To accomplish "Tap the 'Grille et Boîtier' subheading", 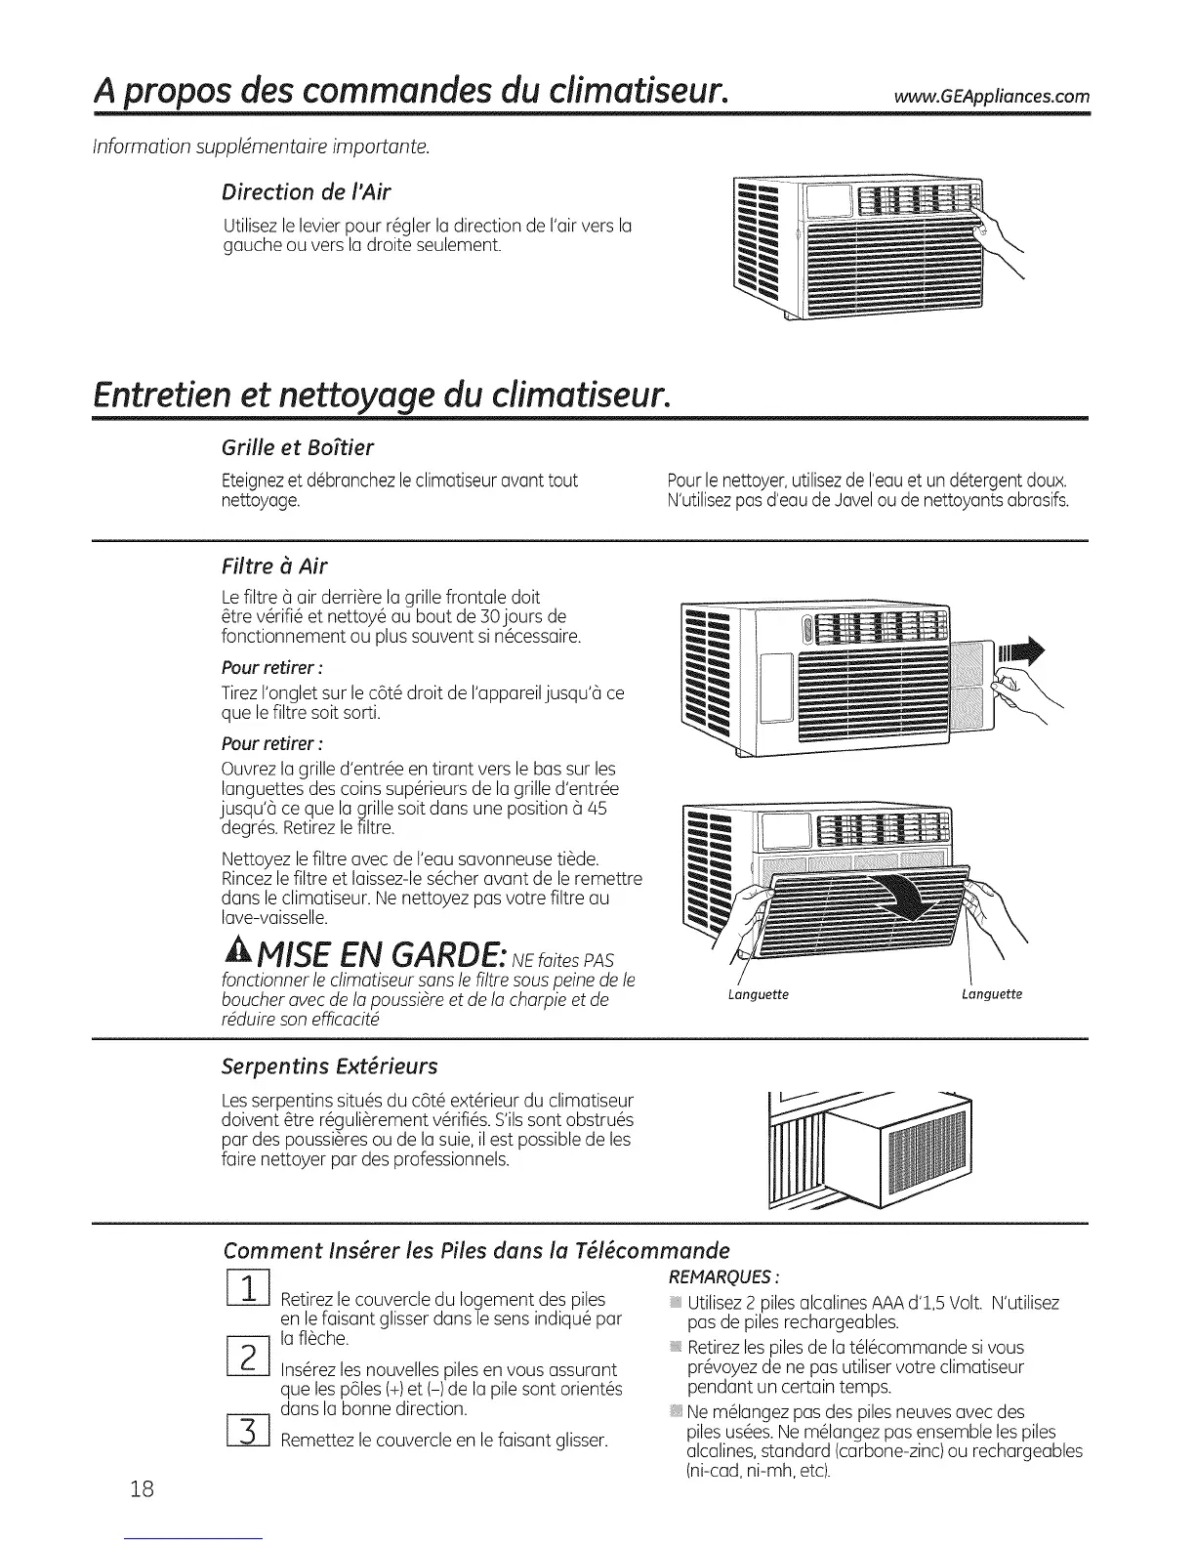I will point(299,447).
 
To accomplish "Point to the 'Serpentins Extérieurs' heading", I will point(330,1065).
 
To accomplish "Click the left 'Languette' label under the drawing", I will point(759,994).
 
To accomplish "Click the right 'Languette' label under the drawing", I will point(991,994).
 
